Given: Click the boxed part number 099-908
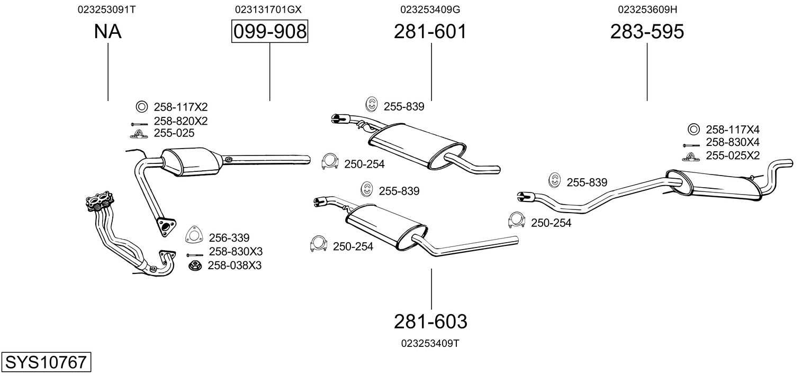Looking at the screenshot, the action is coord(270,31).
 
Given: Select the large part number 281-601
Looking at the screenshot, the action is coord(430,31).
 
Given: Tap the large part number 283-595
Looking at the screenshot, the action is coord(647,31).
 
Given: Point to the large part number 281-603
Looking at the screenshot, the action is coord(430,322).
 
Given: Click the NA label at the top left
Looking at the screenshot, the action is coord(107,31).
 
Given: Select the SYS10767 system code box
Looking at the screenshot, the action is coord(46,362).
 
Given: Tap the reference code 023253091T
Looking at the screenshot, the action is coord(106,10).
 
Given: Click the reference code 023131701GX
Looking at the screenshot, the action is coord(268,10).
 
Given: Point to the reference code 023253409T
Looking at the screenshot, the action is coord(430,343).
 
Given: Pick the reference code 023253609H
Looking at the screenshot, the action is coord(647,10).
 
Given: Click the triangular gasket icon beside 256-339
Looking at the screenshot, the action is coord(194,235).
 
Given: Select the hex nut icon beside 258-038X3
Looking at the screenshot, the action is coord(195,266).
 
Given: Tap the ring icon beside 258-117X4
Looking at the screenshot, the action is coord(693,129).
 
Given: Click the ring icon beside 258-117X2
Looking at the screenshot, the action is coord(142,107).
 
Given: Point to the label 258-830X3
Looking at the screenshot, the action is coord(236,251).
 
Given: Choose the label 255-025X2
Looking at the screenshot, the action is coord(733,155).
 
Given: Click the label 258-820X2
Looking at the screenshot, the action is coord(181,121).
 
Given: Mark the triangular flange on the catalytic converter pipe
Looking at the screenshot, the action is coord(166,227).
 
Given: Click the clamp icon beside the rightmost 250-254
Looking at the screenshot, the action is coord(516,220).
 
